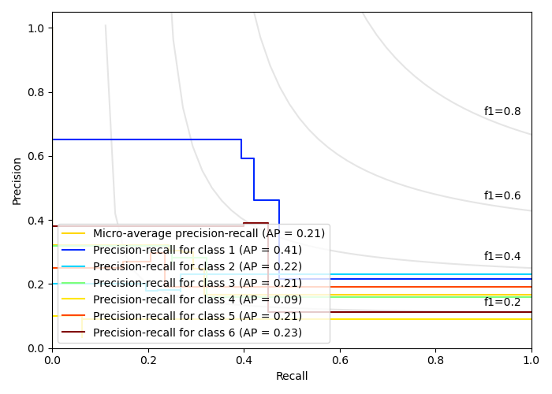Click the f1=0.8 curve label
(x=502, y=112)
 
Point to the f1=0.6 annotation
(x=502, y=196)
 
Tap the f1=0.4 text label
(x=502, y=257)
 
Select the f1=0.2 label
(x=502, y=303)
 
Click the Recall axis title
(x=292, y=377)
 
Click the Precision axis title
(x=17, y=180)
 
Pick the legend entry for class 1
(x=197, y=250)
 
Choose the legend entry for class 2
(x=197, y=266)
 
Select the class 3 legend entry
(x=197, y=283)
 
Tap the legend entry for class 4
(x=197, y=299)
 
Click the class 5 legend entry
(x=197, y=316)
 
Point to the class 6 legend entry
(x=197, y=333)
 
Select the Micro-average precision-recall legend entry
(x=209, y=233)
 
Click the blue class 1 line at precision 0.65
(x=158, y=139)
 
